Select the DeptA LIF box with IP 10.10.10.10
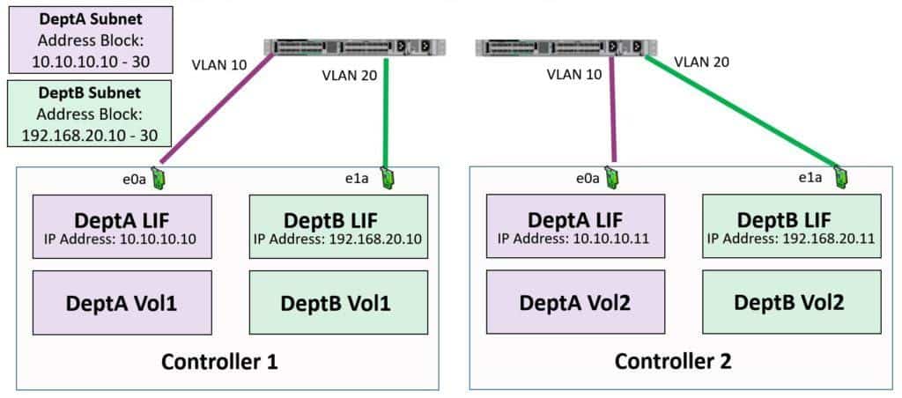click(122, 227)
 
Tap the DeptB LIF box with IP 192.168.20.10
click(339, 227)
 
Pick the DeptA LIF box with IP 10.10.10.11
click(576, 227)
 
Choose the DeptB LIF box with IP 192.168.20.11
click(793, 227)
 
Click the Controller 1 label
click(219, 361)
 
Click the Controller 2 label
click(673, 361)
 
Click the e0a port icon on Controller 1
click(159, 178)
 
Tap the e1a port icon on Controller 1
click(387, 178)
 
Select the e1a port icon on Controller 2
click(841, 178)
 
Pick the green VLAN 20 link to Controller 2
click(740, 110)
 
